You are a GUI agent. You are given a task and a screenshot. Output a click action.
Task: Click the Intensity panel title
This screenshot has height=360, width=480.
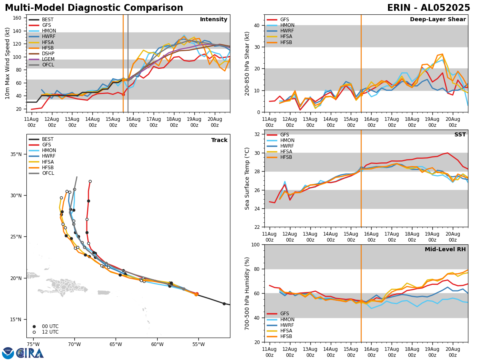[x=214, y=20]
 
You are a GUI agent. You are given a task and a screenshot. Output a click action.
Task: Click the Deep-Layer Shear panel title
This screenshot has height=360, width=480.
[x=438, y=20]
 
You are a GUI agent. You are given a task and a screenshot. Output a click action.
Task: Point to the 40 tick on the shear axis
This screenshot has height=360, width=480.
[x=257, y=25]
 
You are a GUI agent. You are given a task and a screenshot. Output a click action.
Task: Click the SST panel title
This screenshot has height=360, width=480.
[x=460, y=135]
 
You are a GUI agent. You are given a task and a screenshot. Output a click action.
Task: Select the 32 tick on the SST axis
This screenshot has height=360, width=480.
[x=257, y=134]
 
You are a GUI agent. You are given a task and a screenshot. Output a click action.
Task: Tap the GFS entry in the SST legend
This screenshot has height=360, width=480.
[x=284, y=135]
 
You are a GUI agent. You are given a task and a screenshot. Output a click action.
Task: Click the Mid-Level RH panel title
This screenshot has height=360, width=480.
[x=445, y=250]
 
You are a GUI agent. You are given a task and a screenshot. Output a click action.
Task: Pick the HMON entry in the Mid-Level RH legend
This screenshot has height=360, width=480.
[x=287, y=320]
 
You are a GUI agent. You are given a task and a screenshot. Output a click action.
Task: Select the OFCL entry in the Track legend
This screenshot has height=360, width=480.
[x=48, y=173]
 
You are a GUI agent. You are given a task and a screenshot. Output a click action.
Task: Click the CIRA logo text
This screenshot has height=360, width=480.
[x=30, y=353]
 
